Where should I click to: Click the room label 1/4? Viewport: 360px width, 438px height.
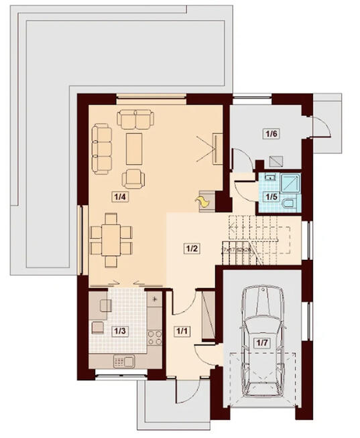click(120, 197)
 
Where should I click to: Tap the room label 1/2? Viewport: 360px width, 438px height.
click(192, 248)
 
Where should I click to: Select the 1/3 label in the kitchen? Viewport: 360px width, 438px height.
click(119, 330)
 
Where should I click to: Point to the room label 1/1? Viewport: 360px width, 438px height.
click(182, 331)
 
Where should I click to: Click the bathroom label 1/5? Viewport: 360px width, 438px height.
click(271, 197)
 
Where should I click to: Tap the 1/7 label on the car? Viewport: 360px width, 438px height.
click(261, 344)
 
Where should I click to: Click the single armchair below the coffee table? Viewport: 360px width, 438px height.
click(133, 177)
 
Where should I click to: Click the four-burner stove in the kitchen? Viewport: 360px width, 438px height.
click(154, 335)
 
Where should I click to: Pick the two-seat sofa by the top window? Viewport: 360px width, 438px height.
click(136, 119)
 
